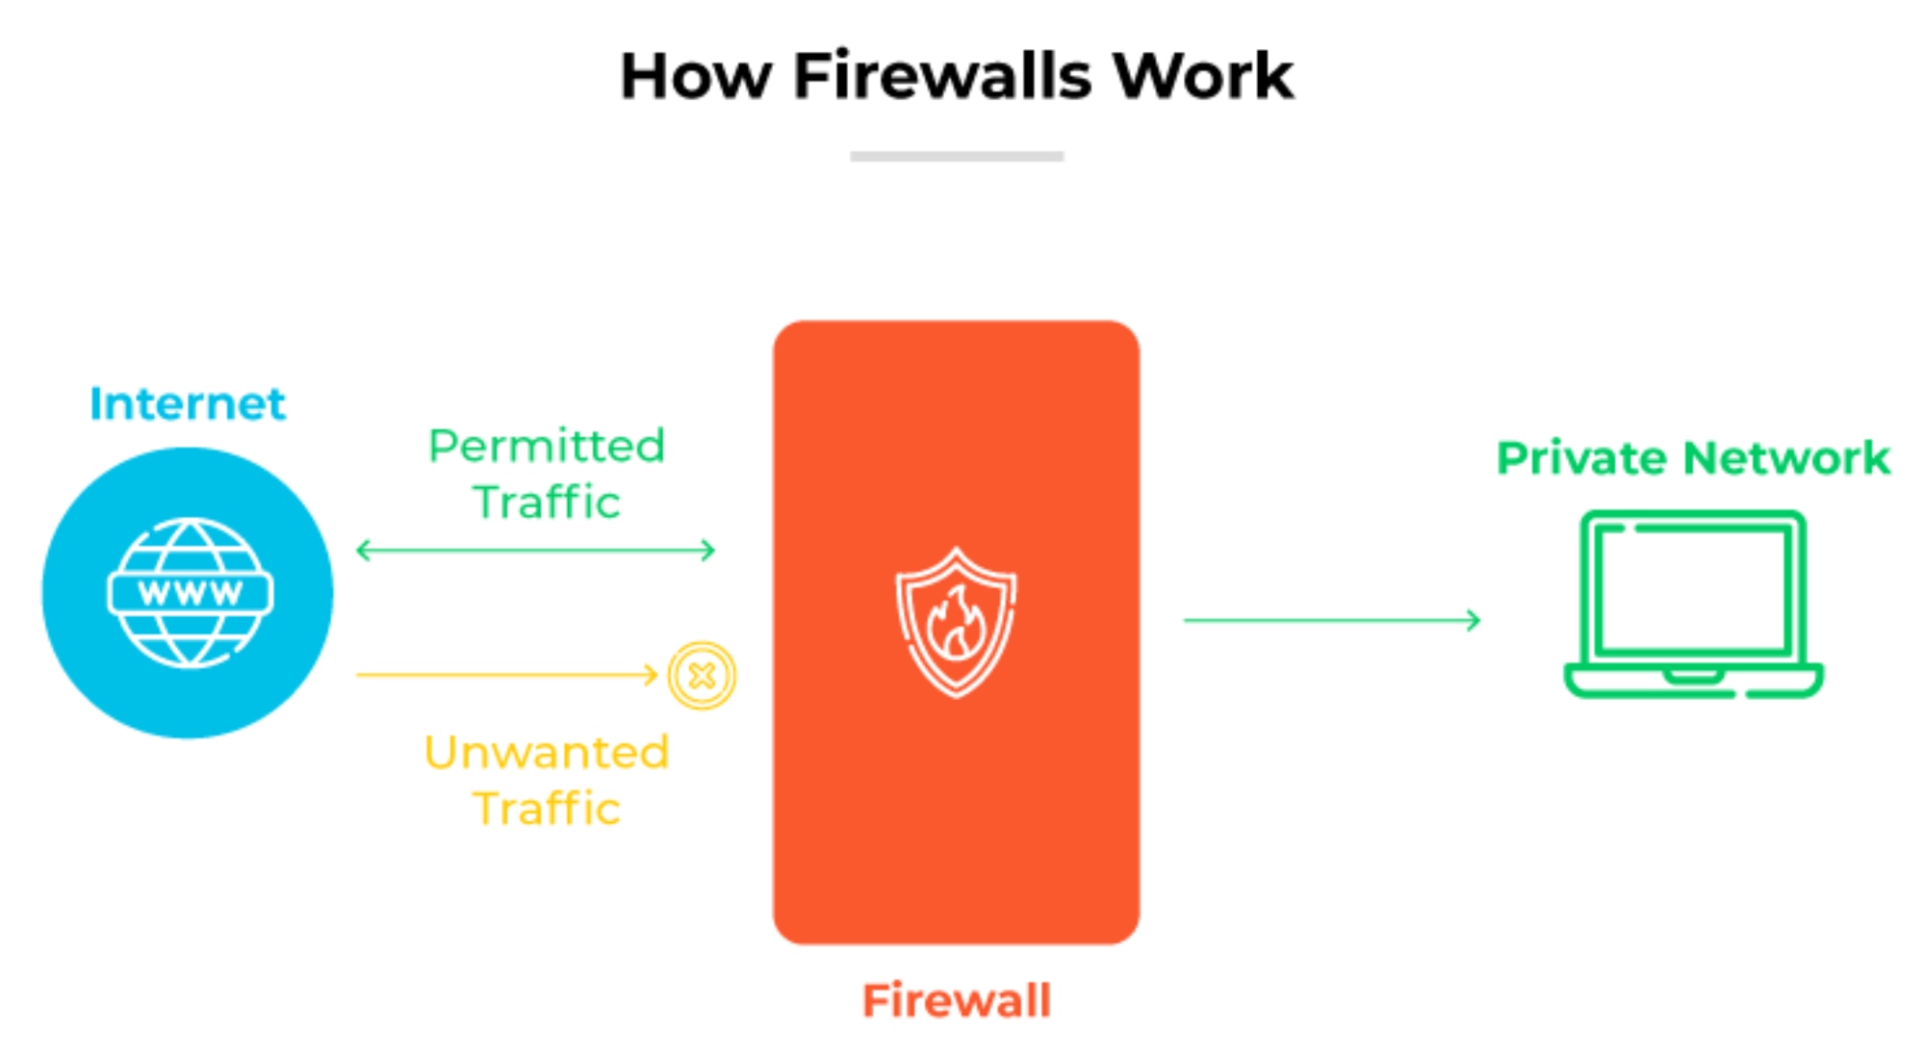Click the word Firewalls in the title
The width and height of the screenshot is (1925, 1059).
942,76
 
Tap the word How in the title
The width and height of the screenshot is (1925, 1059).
695,76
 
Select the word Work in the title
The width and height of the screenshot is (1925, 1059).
1203,76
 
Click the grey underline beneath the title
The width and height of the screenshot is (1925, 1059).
957,156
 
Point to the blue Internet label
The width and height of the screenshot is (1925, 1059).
188,403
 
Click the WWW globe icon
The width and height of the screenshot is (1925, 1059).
190,592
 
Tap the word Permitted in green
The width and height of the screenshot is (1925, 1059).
547,446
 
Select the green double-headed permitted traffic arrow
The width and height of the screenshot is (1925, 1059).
535,551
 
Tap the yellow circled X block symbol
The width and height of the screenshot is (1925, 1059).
702,676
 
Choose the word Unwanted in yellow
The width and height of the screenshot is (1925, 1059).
547,752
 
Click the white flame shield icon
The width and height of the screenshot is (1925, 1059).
956,622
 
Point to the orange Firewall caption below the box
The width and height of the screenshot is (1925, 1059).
956,1000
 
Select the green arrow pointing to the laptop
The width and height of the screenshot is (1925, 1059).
1332,620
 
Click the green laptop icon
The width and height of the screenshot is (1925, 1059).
1693,604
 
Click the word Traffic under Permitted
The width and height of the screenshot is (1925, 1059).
547,503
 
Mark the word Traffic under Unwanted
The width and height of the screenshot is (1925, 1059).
547,809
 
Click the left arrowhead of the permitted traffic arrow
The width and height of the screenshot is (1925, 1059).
362,551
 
